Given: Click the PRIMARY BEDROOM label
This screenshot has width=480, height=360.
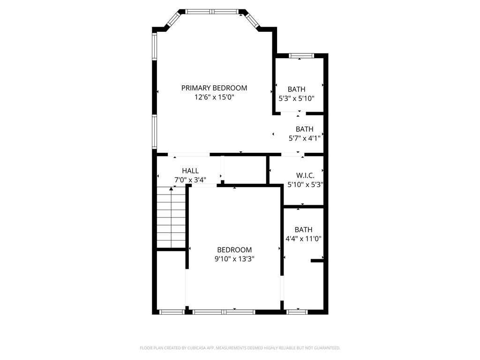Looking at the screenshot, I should pyautogui.click(x=214, y=88).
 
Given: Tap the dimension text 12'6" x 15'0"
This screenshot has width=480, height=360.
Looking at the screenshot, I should pyautogui.click(x=214, y=97).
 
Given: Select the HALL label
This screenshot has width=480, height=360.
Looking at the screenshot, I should pyautogui.click(x=190, y=171).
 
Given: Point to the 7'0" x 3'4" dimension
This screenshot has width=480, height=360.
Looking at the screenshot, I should pyautogui.click(x=190, y=180).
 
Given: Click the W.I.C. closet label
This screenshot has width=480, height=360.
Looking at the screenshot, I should pyautogui.click(x=305, y=175).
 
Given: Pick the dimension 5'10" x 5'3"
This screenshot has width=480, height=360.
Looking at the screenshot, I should pyautogui.click(x=305, y=184).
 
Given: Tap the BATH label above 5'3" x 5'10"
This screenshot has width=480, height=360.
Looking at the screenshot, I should pyautogui.click(x=296, y=89).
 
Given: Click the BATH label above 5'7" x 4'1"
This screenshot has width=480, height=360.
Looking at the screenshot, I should pyautogui.click(x=304, y=129).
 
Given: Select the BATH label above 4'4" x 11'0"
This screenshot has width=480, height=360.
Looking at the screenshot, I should pyautogui.click(x=303, y=230).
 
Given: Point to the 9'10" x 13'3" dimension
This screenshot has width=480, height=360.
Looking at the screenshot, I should pyautogui.click(x=234, y=259).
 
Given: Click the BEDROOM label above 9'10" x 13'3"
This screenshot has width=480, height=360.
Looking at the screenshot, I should pyautogui.click(x=234, y=250).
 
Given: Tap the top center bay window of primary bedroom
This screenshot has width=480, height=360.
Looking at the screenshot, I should pyautogui.click(x=211, y=11).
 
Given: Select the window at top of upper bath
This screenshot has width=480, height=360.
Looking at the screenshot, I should pyautogui.click(x=301, y=56).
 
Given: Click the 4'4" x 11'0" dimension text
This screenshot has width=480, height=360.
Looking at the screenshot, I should pyautogui.click(x=303, y=239).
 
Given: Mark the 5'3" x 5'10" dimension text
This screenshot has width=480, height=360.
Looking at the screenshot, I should pyautogui.click(x=296, y=98).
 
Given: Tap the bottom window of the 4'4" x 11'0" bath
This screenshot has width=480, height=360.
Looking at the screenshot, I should pyautogui.click(x=296, y=311).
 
